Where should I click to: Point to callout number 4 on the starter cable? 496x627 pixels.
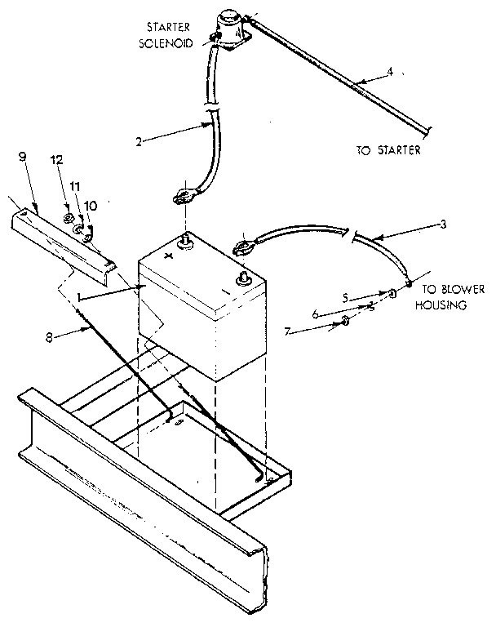390,72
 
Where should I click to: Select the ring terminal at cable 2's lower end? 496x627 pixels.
182,196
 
